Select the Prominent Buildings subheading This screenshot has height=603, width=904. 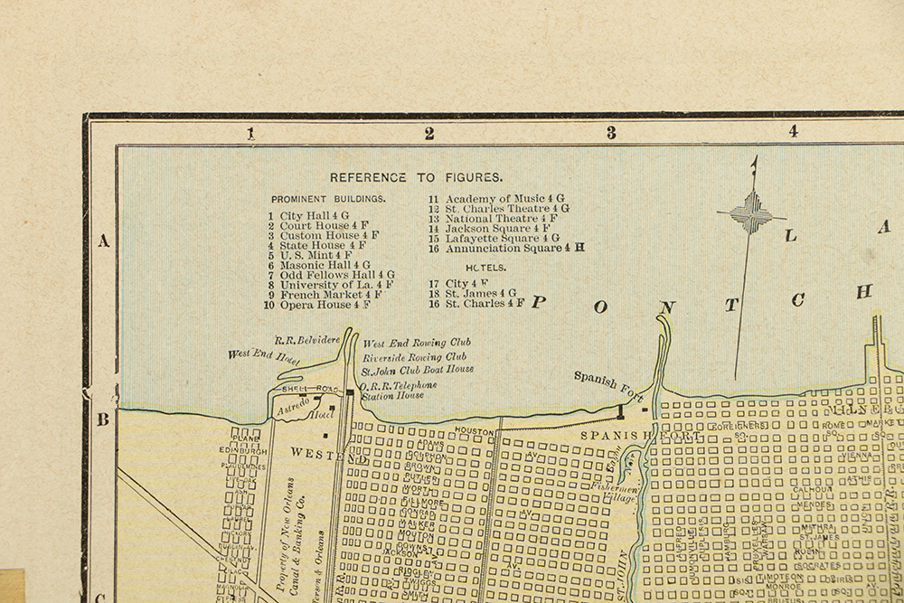327,198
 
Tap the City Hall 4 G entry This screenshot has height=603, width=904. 307,215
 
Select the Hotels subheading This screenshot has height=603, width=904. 485,269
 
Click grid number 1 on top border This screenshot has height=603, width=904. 251,133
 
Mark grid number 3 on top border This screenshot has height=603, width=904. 611,133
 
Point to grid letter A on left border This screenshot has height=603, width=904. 103,240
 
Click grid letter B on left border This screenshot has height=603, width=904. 103,419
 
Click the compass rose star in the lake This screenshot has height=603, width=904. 750,215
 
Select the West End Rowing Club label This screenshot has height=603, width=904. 417,344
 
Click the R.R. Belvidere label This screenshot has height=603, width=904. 306,339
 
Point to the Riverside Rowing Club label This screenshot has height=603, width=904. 415,357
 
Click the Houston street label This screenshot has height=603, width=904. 474,432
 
